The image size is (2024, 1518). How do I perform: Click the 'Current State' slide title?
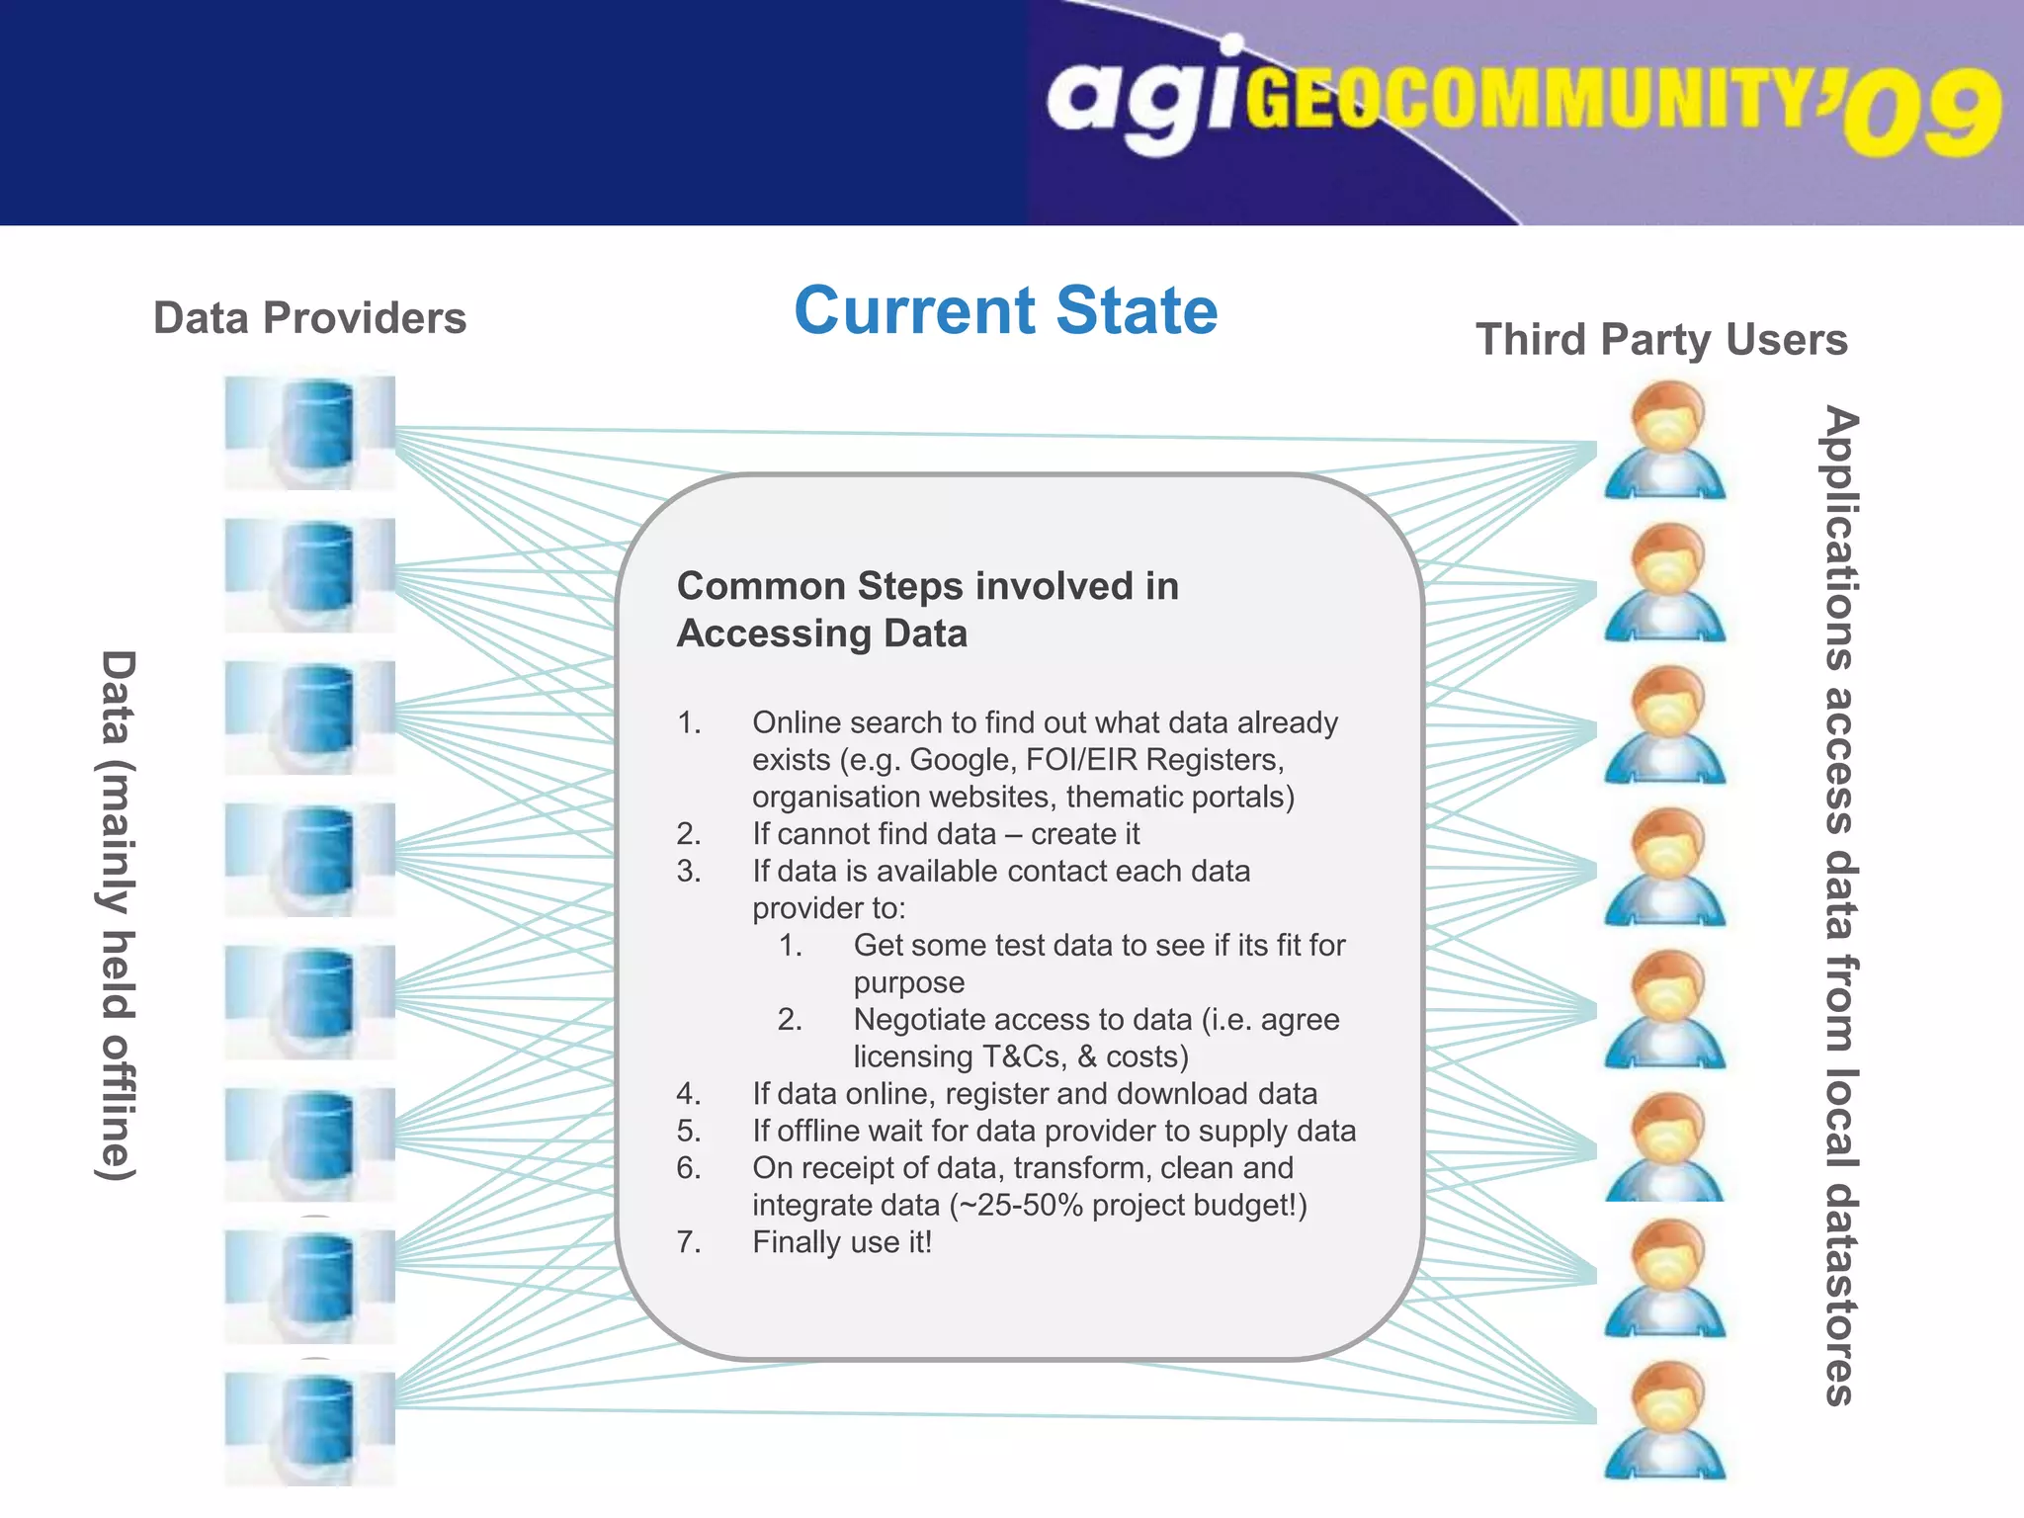(1005, 311)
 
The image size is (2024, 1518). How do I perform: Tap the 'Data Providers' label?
(309, 318)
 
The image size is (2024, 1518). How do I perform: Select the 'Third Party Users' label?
(1661, 340)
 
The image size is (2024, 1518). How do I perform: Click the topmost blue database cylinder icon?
(310, 432)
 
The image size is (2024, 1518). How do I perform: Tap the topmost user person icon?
(1665, 441)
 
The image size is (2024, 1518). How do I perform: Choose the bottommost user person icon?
(1665, 1420)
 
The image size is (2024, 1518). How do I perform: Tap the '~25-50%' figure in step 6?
(1015, 1206)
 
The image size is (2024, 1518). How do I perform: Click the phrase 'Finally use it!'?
(842, 1242)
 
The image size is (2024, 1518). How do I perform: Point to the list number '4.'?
(689, 1094)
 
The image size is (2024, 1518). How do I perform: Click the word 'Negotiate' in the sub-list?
(923, 1020)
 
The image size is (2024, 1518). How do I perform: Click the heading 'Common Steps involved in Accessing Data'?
(927, 609)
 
